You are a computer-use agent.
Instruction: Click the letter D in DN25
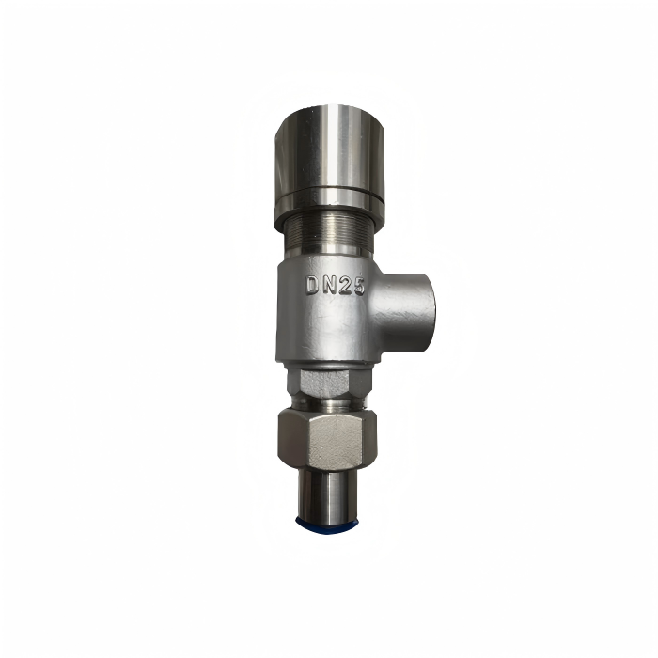pos(313,286)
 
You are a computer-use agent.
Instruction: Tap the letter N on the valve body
pos(331,286)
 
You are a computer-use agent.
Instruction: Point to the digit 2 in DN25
pos(346,287)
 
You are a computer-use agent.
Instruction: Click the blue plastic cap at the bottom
pos(327,523)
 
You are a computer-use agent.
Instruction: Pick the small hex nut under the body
pos(329,383)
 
